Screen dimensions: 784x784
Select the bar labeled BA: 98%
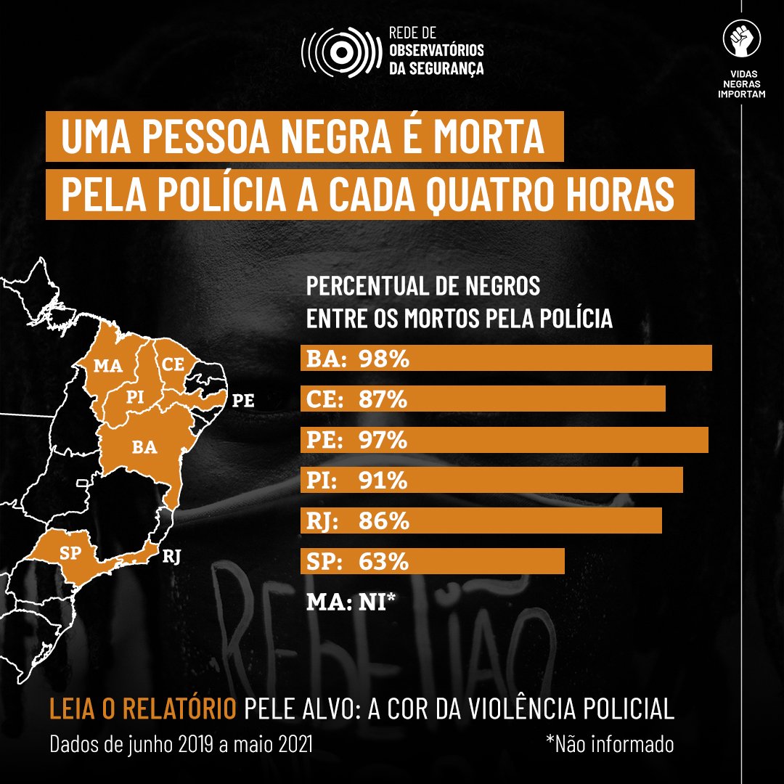pos(506,359)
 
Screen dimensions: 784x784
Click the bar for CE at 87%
pos(483,399)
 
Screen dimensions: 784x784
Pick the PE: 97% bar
pos(504,440)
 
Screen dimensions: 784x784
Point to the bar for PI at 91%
pos(491,481)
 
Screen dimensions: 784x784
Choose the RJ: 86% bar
pos(481,521)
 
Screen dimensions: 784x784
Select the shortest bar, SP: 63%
pos(432,562)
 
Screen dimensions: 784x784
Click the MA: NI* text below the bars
pos(351,602)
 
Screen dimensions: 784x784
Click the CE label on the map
pos(173,364)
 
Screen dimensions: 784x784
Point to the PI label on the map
pos(134,398)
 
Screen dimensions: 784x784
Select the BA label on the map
pos(144,447)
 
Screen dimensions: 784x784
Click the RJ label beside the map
pos(172,557)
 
